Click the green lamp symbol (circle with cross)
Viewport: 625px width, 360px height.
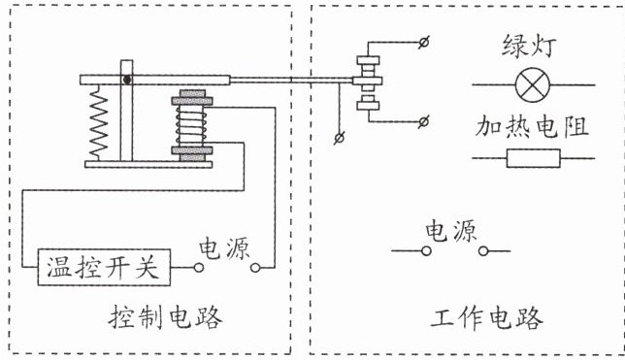[533, 85]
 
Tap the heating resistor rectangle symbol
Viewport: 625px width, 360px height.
[534, 158]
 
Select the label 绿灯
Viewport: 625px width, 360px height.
[529, 46]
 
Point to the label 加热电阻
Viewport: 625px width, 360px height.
[532, 127]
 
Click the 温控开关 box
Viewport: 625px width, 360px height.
[104, 267]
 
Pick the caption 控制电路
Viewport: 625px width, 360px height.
[165, 317]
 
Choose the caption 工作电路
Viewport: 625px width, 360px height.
[486, 317]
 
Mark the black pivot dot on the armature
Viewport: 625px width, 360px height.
[127, 80]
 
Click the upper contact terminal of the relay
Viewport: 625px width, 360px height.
[424, 42]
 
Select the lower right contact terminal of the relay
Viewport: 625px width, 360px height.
[424, 121]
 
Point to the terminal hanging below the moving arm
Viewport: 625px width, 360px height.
[339, 138]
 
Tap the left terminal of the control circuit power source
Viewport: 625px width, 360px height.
[199, 268]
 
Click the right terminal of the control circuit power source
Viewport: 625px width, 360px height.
[255, 268]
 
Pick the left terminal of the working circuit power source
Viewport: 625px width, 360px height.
[426, 250]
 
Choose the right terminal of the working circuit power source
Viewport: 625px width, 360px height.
[483, 250]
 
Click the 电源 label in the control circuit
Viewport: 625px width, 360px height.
[225, 248]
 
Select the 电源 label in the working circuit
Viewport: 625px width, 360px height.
[451, 230]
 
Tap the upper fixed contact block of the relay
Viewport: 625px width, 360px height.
[369, 60]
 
